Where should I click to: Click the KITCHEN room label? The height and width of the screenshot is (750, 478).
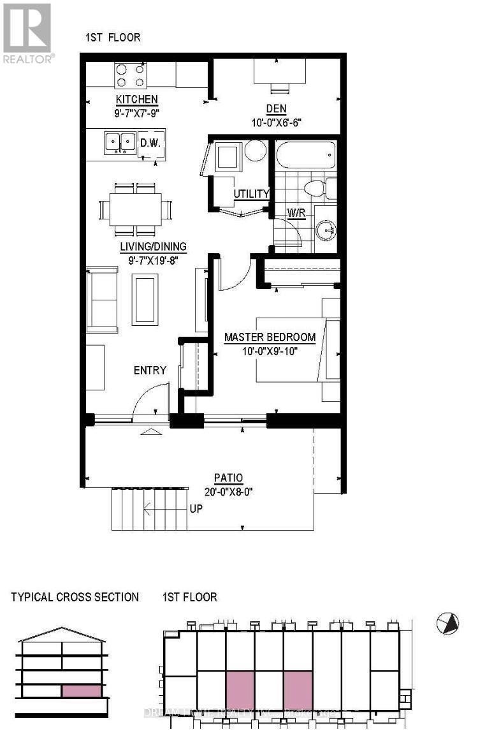pos(136,99)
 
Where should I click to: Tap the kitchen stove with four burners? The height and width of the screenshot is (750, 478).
pos(131,76)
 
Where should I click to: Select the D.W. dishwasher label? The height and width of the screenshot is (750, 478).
pos(151,142)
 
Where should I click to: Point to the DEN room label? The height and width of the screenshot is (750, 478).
pos(276,109)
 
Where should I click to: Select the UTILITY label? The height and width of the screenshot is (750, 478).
pos(251,193)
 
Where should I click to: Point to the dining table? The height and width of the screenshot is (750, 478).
pos(135,209)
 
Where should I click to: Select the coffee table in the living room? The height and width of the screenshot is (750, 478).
pos(145,298)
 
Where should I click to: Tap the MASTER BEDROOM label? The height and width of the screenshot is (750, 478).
pos(270,337)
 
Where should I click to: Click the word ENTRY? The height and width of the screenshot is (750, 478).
pos(150,370)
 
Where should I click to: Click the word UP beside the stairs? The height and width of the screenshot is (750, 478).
pos(196,510)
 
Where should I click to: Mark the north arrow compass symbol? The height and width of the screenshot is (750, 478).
pos(448,623)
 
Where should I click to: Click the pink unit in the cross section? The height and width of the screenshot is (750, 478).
pos(81,691)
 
